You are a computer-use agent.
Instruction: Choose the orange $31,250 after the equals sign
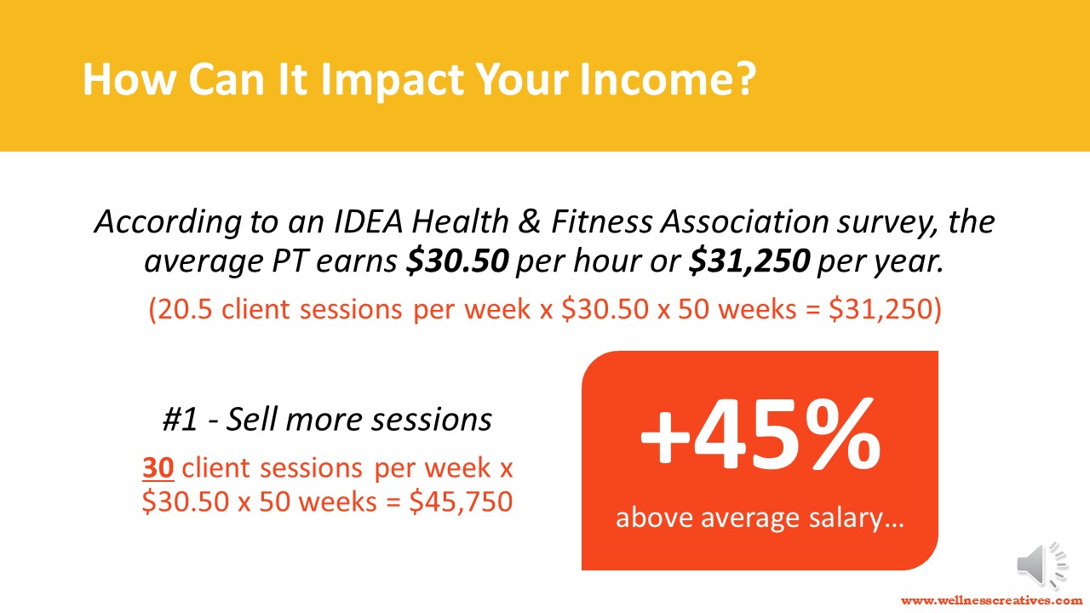883,310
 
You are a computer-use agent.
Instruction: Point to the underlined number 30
158,467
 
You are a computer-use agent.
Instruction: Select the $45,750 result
461,501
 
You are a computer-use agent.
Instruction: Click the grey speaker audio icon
1041,564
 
